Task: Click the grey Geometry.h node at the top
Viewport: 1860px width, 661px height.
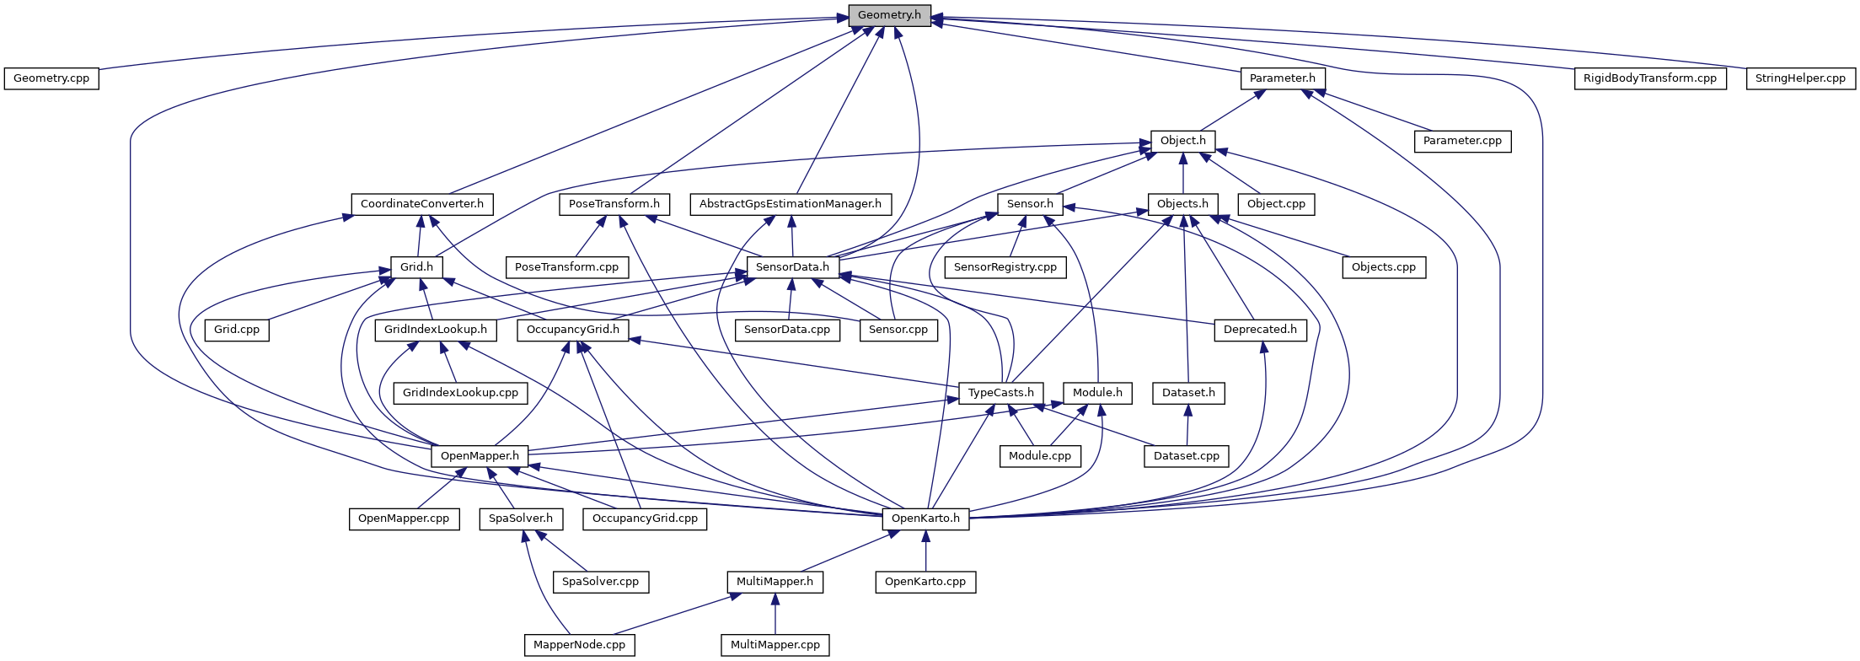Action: click(889, 15)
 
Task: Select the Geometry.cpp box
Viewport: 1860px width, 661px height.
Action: click(51, 78)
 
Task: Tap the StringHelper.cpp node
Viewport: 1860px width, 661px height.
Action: click(1800, 78)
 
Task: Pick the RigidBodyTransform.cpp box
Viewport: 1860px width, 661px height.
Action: click(1649, 78)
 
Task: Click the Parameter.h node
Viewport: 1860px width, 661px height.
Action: click(1283, 78)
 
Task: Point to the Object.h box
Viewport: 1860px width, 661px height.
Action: click(1183, 141)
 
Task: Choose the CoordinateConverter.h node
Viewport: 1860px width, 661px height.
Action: click(422, 204)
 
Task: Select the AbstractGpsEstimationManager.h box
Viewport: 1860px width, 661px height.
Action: click(791, 204)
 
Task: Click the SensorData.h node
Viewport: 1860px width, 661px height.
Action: click(792, 267)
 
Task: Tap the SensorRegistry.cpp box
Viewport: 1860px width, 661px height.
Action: click(1005, 267)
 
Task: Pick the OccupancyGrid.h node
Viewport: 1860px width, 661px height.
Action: click(573, 330)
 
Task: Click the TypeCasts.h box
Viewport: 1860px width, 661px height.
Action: click(1001, 393)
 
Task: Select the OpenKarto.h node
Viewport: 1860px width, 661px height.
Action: click(925, 519)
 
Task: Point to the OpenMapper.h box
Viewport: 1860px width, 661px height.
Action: click(480, 456)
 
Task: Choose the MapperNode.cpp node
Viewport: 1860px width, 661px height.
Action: click(580, 645)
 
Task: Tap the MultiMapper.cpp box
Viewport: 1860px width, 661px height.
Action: click(775, 645)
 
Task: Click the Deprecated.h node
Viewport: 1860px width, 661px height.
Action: click(1261, 330)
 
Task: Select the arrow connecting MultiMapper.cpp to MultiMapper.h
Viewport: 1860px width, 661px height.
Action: click(775, 614)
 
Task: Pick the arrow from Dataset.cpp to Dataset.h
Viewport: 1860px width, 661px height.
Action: click(1187, 425)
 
